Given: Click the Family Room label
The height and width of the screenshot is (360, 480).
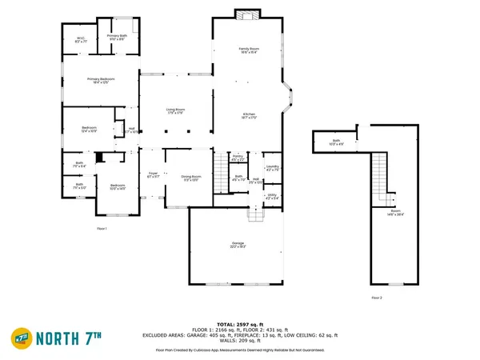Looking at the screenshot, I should click(250, 51).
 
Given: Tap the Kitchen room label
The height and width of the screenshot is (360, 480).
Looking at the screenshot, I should click(249, 117).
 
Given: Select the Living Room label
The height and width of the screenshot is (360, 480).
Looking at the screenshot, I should click(176, 111).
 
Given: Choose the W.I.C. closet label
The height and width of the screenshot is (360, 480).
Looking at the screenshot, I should click(81, 39).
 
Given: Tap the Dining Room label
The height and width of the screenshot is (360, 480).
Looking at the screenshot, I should click(190, 178).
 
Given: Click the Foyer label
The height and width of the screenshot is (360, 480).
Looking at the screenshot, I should click(152, 175).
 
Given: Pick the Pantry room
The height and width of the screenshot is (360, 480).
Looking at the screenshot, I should click(238, 159).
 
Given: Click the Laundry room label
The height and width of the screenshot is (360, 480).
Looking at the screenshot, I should click(272, 168).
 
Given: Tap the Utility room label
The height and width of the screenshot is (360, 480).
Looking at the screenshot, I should click(272, 196).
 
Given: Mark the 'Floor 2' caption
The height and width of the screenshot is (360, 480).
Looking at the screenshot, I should click(376, 297).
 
